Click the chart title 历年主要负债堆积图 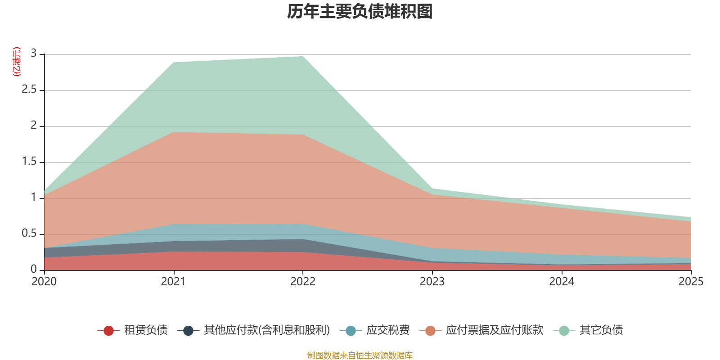360,12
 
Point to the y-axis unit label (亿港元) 17,62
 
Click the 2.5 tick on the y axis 29,90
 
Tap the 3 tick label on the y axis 34,54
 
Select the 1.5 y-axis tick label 29,162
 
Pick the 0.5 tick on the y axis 29,234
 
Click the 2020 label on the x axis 44,282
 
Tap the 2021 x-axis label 173,282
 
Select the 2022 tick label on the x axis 303,282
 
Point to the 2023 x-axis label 432,282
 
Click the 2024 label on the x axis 562,282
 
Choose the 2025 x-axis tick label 691,282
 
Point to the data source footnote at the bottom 360,355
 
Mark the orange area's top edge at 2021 174,132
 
